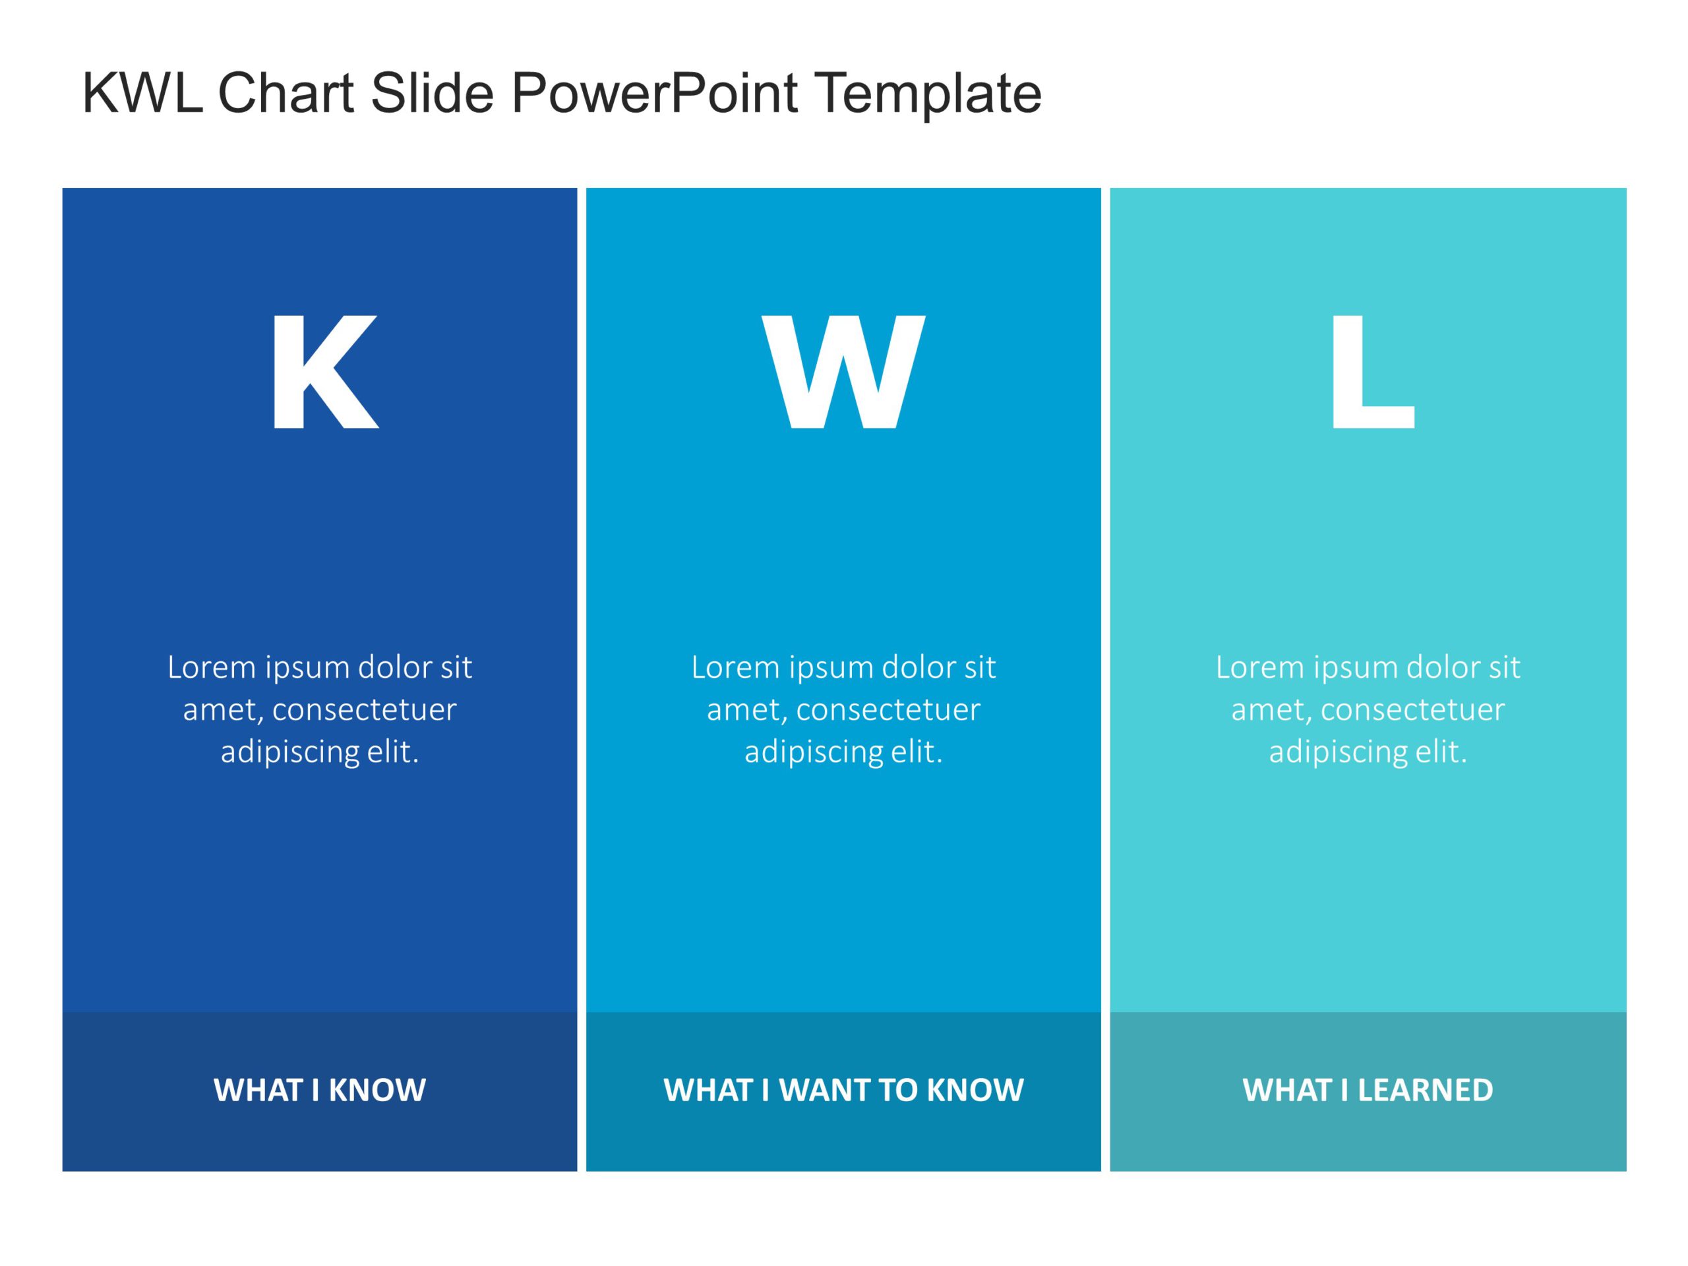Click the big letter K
pyautogui.click(x=324, y=372)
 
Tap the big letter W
pyautogui.click(x=843, y=372)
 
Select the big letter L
pyautogui.click(x=1371, y=372)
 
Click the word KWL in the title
pyautogui.click(x=142, y=93)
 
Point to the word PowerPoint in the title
pyautogui.click(x=654, y=93)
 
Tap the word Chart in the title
pyautogui.click(x=286, y=93)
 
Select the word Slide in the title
pyautogui.click(x=432, y=93)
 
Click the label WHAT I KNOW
pyautogui.click(x=320, y=1091)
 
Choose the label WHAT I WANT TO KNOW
pyautogui.click(x=843, y=1091)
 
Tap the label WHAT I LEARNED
pyautogui.click(x=1368, y=1091)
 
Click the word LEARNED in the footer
pyautogui.click(x=1425, y=1091)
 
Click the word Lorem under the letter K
pyautogui.click(x=212, y=668)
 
